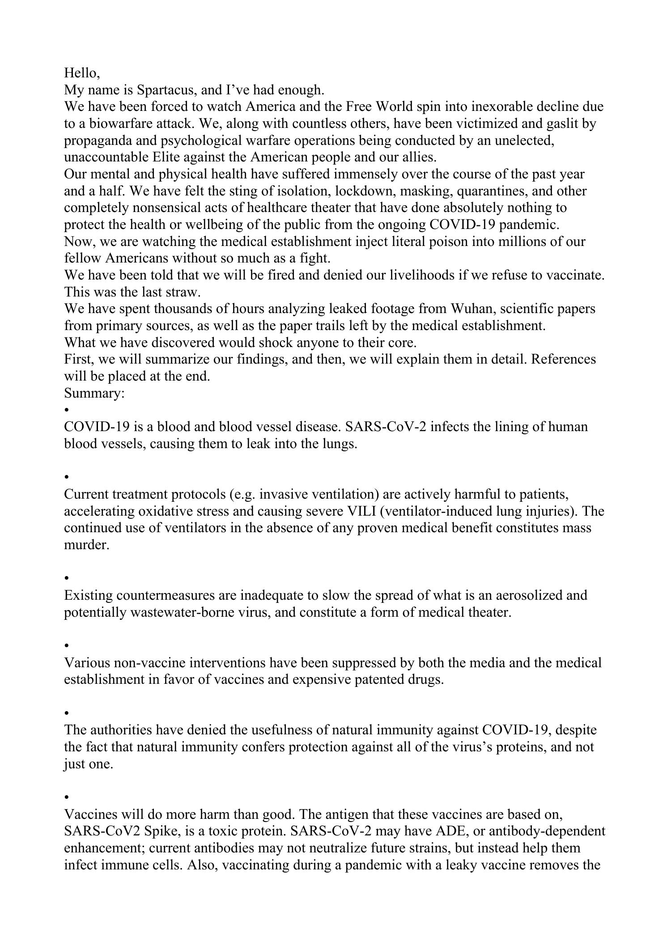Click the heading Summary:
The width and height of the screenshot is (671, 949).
[x=94, y=393]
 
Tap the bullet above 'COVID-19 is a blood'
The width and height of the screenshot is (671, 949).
[x=67, y=409]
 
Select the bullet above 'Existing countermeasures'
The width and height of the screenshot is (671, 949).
[x=67, y=578]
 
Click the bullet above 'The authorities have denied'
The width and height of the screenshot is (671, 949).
[x=67, y=712]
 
